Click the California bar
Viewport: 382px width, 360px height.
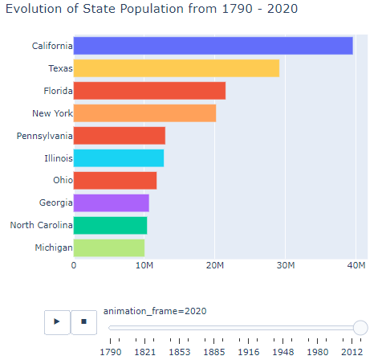tap(213, 46)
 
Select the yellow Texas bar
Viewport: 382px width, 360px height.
tap(177, 68)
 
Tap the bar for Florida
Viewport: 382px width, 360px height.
tap(149, 91)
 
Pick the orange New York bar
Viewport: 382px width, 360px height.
tap(144, 113)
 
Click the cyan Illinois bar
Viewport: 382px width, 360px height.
tap(119, 158)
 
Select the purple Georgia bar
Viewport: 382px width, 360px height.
tap(112, 203)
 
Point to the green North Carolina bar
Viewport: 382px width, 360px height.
tap(110, 226)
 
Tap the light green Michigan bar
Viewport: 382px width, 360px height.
tap(109, 248)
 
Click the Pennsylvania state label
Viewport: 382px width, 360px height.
tap(44, 136)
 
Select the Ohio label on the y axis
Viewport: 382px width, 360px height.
tap(63, 180)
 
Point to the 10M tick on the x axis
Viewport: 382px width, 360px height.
tap(144, 265)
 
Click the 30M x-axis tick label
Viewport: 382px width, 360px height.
tap(286, 265)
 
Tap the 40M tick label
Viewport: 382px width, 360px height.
tap(356, 265)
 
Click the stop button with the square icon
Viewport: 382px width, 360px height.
tap(83, 322)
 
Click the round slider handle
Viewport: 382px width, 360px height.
tap(360, 328)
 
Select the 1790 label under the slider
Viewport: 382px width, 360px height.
tap(111, 352)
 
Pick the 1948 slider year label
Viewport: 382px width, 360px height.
tap(283, 352)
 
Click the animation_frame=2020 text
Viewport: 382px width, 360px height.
tap(155, 311)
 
